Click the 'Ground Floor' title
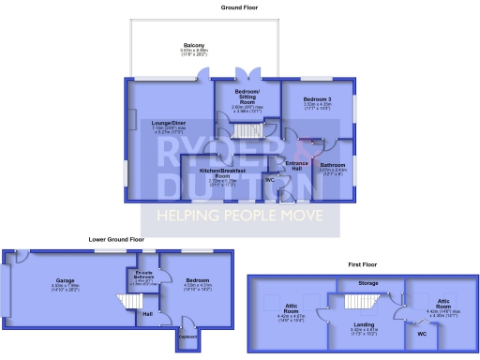pyautogui.click(x=240, y=7)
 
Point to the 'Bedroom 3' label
pyautogui.click(x=318, y=97)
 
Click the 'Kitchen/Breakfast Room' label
pyautogui.click(x=222, y=172)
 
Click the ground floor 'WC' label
pyautogui.click(x=270, y=178)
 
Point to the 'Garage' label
pyautogui.click(x=66, y=280)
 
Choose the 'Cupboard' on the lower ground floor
pyautogui.click(x=187, y=337)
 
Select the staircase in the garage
pyautogui.click(x=126, y=304)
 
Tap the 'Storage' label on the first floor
pyautogui.click(x=368, y=282)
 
